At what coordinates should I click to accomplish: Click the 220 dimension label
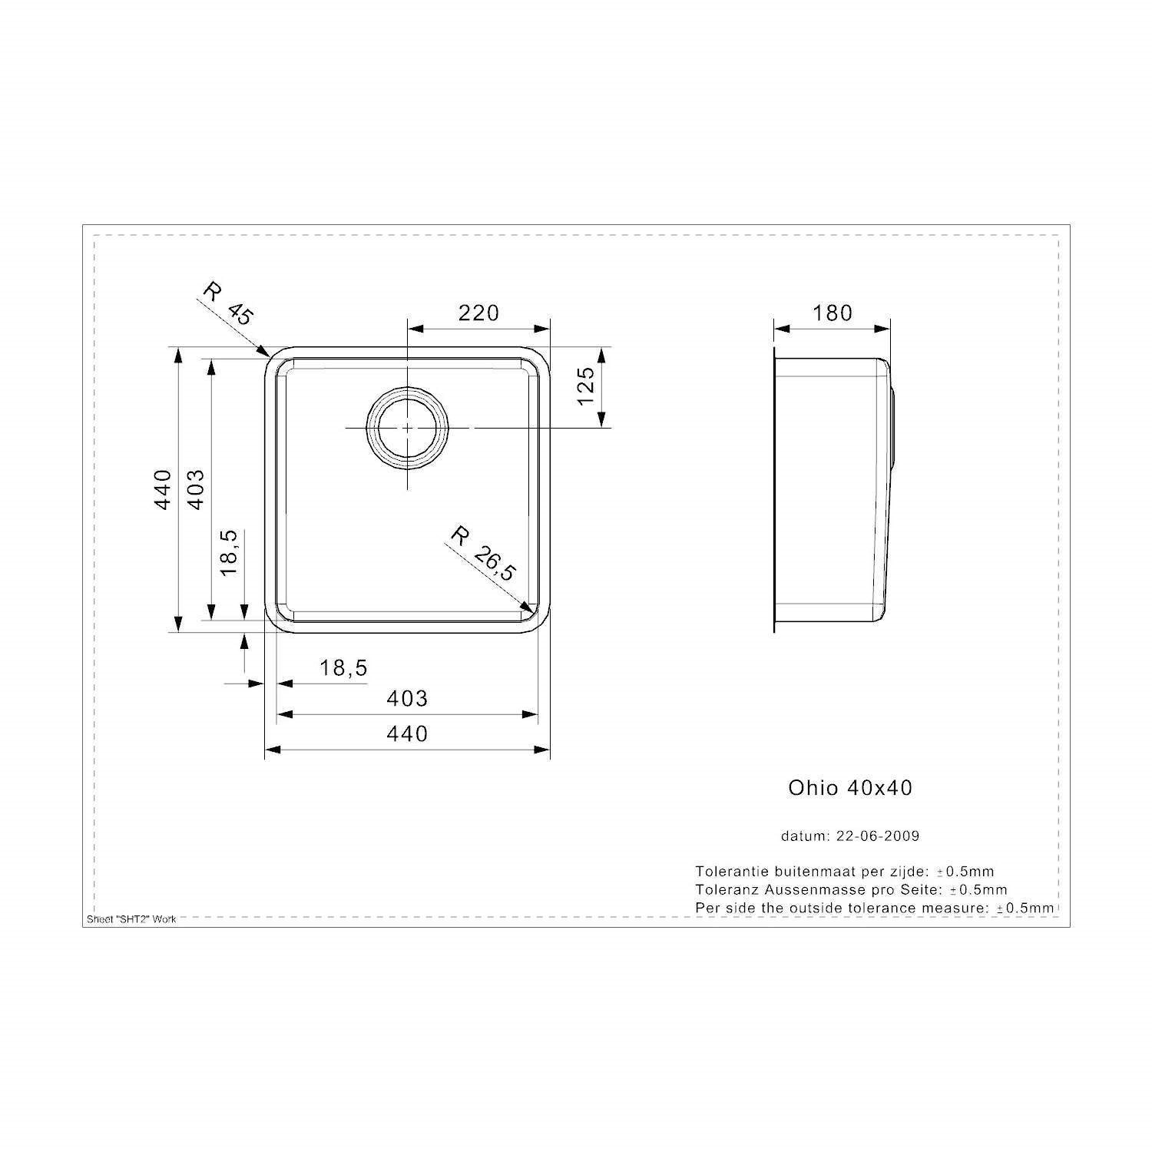click(x=478, y=313)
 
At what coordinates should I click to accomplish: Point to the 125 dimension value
click(x=585, y=386)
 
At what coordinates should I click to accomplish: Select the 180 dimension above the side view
click(x=833, y=313)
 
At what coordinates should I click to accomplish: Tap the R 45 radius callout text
click(x=228, y=303)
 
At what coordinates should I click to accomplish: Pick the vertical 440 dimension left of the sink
click(x=162, y=489)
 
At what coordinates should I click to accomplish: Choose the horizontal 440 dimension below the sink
click(x=407, y=733)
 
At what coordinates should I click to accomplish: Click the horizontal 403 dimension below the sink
click(x=407, y=698)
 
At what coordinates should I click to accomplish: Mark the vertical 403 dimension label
click(x=196, y=489)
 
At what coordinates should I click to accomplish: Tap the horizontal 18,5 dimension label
click(x=344, y=668)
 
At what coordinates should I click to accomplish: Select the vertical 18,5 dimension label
click(x=230, y=552)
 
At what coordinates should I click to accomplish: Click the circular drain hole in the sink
click(x=407, y=427)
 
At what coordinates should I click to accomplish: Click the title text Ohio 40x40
click(x=850, y=788)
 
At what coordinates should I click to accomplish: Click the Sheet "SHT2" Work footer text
click(x=131, y=919)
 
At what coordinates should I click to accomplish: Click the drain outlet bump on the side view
click(x=893, y=427)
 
